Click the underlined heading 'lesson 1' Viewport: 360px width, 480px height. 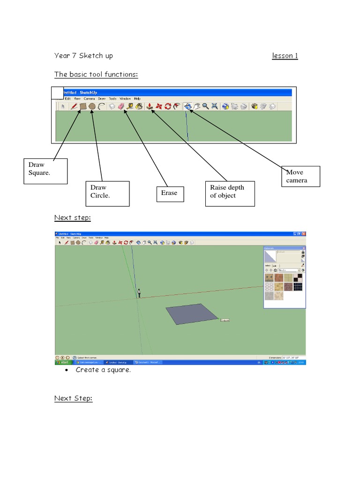[285, 56]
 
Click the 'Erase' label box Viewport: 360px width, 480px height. [170, 193]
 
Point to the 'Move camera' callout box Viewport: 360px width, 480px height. [300, 176]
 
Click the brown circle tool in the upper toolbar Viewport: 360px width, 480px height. [92, 106]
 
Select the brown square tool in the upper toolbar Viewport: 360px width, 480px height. [82, 106]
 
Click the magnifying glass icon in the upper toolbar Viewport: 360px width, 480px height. [205, 106]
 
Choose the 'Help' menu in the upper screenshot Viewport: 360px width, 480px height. [137, 99]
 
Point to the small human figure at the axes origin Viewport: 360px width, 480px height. [139, 293]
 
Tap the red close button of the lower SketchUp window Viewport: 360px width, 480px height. [303, 233]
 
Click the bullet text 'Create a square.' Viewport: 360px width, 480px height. [103, 370]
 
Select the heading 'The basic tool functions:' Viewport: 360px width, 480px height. [96, 75]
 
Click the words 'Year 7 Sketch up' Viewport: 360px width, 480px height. [83, 56]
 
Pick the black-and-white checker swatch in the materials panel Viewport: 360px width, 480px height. [297, 286]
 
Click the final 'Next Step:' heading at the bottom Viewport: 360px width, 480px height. [73, 398]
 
